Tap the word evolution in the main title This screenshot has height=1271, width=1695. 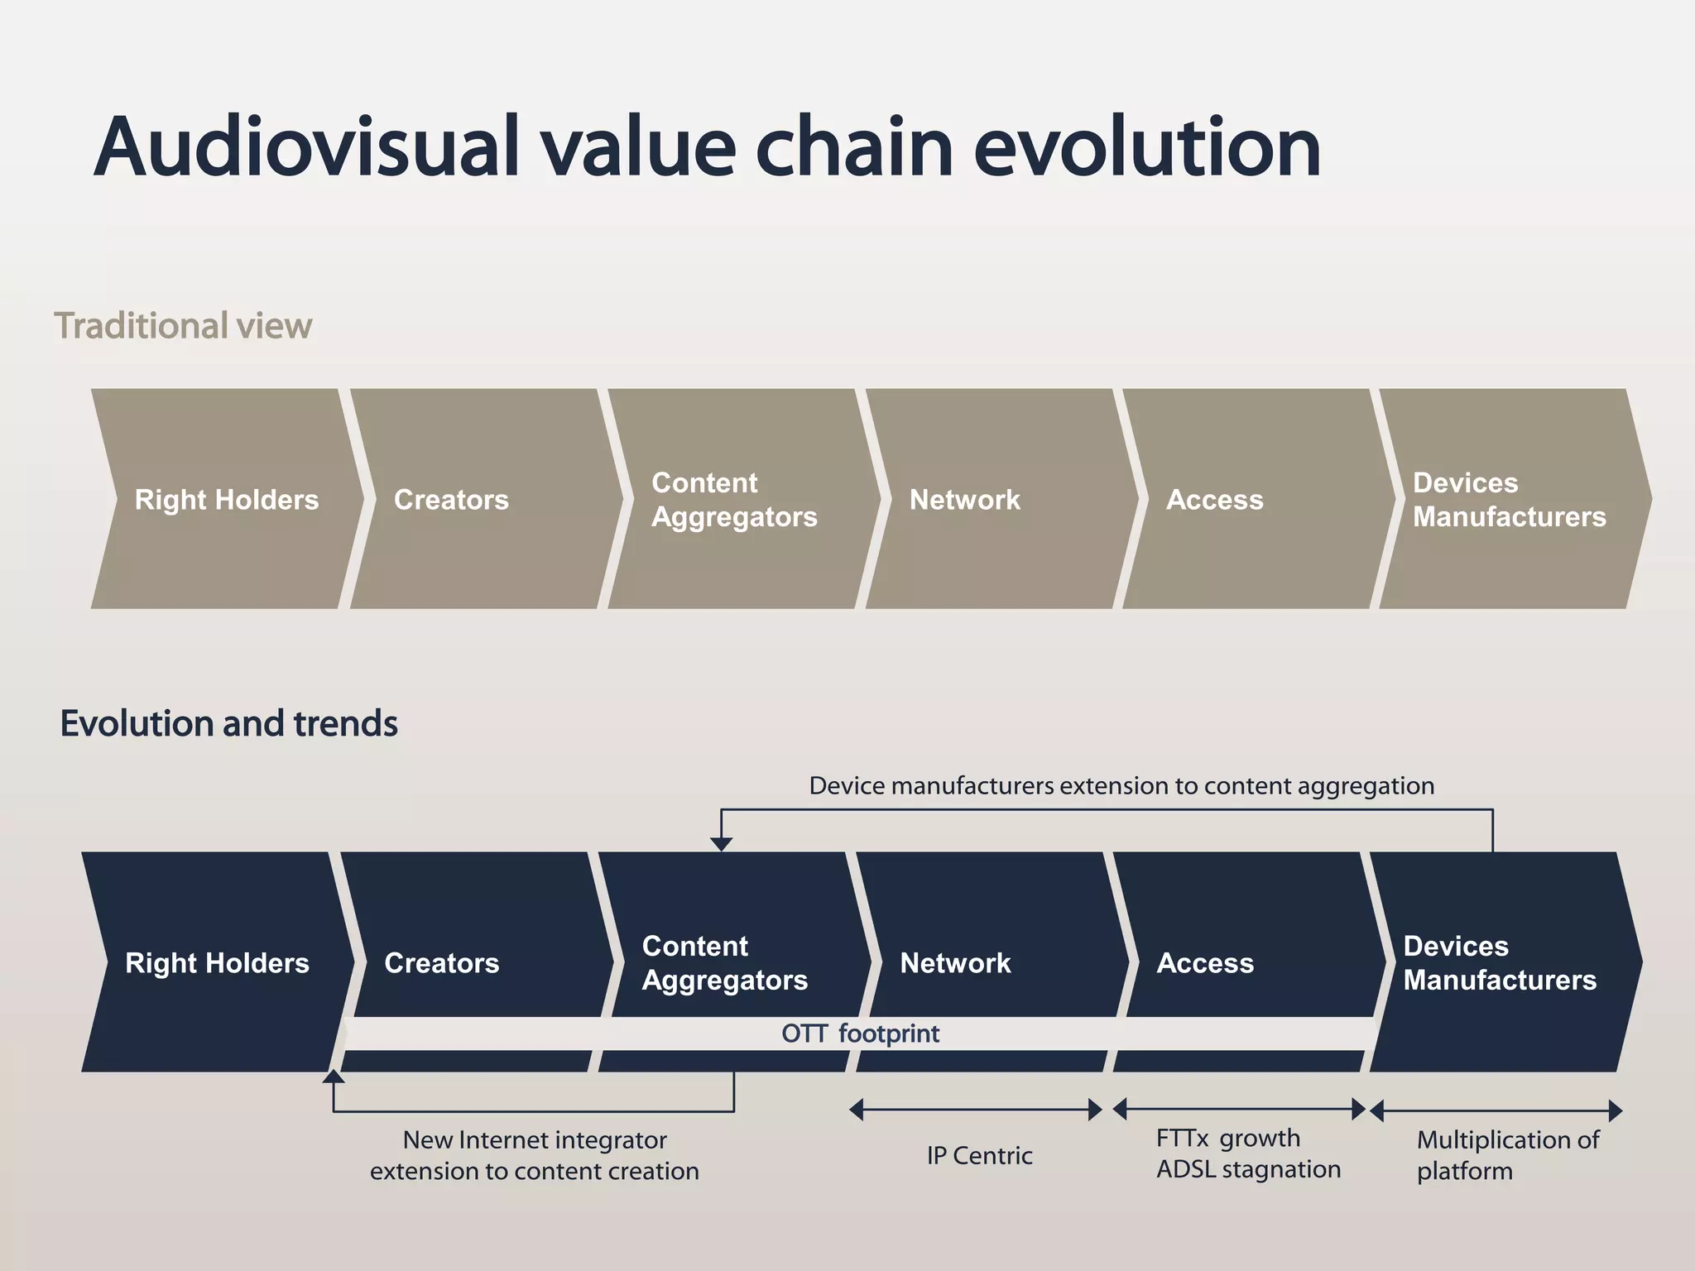click(x=1146, y=147)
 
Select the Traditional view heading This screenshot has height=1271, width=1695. click(x=183, y=326)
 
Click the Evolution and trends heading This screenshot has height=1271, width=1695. click(x=228, y=723)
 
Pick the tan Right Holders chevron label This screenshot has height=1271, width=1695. click(x=226, y=500)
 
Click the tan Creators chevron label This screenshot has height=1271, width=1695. click(x=451, y=500)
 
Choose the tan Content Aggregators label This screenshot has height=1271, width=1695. click(x=733, y=500)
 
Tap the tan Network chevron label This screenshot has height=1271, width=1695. click(x=964, y=500)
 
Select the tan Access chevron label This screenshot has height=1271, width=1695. click(x=1214, y=500)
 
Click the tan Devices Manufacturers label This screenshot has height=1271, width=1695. click(x=1508, y=500)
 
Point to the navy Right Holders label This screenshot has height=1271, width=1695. click(x=217, y=963)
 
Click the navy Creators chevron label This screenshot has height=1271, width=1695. click(x=441, y=963)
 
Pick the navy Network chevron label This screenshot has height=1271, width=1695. click(x=955, y=963)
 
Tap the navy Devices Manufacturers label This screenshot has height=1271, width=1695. click(x=1499, y=963)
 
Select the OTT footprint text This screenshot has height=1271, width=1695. click(x=860, y=1034)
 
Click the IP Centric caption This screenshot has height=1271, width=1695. click(x=979, y=1155)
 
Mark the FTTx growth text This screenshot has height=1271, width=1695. click(x=1227, y=1139)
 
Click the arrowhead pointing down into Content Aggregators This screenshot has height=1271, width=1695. click(x=722, y=844)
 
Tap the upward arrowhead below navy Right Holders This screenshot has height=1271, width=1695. click(x=334, y=1076)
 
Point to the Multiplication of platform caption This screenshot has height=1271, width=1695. click(x=1506, y=1155)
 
